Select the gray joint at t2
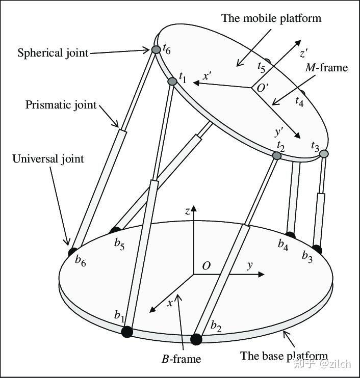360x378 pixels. click(x=277, y=155)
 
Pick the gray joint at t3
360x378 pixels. click(x=324, y=153)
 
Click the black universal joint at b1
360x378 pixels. click(x=127, y=332)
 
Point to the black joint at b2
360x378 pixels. click(x=196, y=339)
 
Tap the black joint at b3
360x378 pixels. click(x=317, y=249)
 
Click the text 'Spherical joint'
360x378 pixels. click(x=53, y=52)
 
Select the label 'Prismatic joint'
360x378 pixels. click(x=61, y=105)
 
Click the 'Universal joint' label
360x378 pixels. click(x=48, y=159)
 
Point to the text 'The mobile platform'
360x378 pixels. click(x=271, y=18)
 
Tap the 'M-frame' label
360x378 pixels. click(x=326, y=67)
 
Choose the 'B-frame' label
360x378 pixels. click(x=182, y=359)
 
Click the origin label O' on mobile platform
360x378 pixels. click(x=263, y=88)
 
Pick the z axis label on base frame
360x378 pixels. click(x=188, y=210)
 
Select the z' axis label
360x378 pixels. click(x=304, y=53)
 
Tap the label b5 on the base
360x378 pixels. click(x=119, y=245)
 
